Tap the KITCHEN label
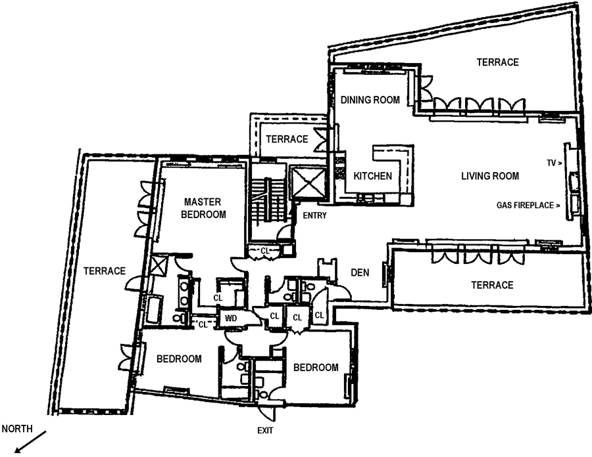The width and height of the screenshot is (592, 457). point(373,176)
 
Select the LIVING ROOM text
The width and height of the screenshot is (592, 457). point(490,176)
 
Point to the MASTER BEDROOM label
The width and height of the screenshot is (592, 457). point(205,208)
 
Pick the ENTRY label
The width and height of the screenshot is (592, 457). point(313,216)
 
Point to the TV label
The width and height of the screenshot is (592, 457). point(552,161)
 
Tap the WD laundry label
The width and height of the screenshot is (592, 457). point(230,318)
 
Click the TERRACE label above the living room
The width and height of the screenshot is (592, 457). point(497,62)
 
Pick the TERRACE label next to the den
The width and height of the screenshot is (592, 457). point(491,285)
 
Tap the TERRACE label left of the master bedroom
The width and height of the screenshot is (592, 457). point(104,271)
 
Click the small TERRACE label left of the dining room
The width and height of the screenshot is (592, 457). point(287,139)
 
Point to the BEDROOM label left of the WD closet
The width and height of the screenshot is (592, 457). point(178,359)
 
